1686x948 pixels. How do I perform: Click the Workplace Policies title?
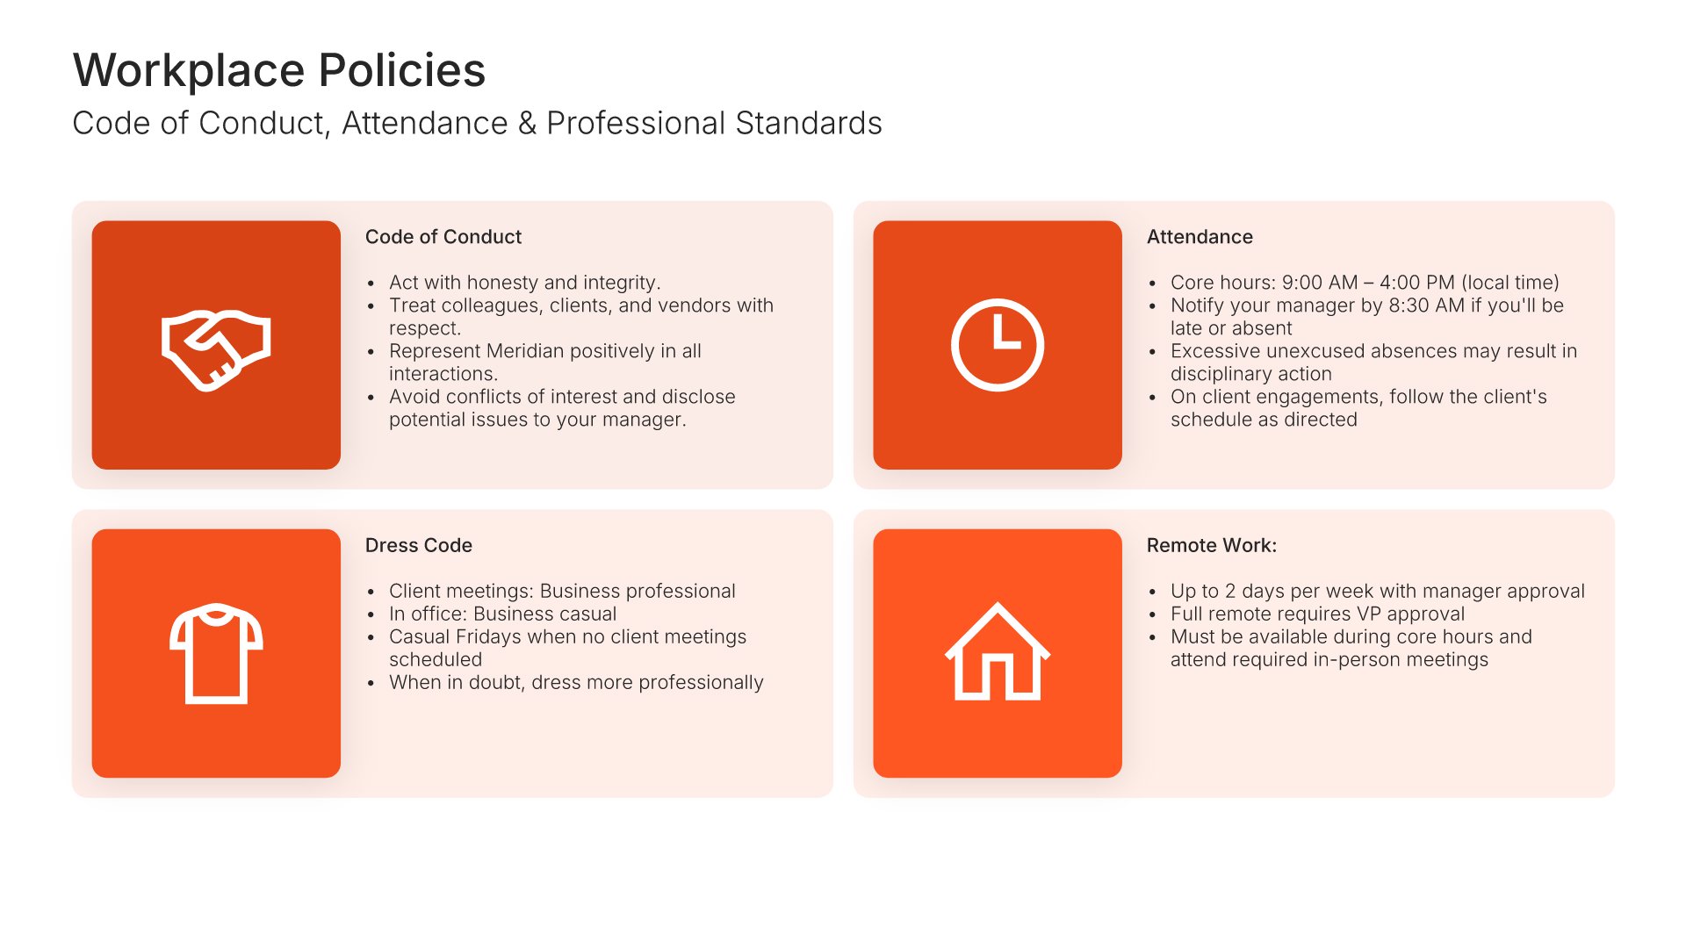(x=279, y=70)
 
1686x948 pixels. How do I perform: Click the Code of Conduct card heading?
(x=443, y=237)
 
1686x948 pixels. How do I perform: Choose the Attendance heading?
(x=1200, y=237)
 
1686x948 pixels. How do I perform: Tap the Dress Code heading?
(x=419, y=545)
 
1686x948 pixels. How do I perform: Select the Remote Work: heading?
(x=1212, y=545)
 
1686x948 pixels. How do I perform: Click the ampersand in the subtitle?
(x=527, y=124)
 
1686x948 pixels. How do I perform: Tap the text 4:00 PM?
(x=1417, y=283)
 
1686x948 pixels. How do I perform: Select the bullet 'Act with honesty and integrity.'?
(x=524, y=283)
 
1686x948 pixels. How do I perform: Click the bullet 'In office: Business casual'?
(x=502, y=614)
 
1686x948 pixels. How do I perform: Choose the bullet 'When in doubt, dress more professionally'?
(x=576, y=683)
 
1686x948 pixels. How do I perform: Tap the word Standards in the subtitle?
(x=809, y=124)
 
